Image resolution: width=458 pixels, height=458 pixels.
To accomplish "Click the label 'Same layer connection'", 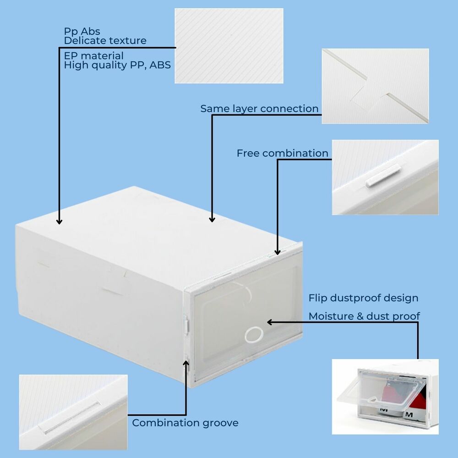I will [x=259, y=109].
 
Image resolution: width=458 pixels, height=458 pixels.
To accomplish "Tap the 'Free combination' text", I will [x=282, y=153].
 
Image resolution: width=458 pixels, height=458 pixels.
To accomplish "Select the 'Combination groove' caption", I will [x=185, y=423].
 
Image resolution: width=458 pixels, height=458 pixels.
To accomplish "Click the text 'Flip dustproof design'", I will [x=363, y=298].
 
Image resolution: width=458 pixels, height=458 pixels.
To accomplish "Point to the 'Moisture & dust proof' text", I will [x=364, y=316].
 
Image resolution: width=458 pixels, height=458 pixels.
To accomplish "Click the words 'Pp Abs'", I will [x=82, y=32].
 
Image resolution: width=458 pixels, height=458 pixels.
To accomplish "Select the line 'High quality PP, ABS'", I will [x=117, y=65].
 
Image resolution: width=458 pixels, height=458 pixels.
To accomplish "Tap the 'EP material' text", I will [x=94, y=56].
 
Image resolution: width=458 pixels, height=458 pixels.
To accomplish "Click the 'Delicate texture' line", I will [x=105, y=41].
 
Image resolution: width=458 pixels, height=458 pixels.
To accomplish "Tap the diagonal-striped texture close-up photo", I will [x=229, y=46].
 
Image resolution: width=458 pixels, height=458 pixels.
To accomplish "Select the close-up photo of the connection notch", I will [x=375, y=86].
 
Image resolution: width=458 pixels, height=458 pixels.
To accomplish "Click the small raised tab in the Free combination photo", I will [x=383, y=175].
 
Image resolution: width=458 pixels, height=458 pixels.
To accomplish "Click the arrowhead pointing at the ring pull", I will [x=270, y=322].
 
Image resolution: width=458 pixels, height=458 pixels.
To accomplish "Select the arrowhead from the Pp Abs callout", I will [x=59, y=221].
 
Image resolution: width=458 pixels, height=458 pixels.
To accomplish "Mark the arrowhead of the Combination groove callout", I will [x=186, y=362].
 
